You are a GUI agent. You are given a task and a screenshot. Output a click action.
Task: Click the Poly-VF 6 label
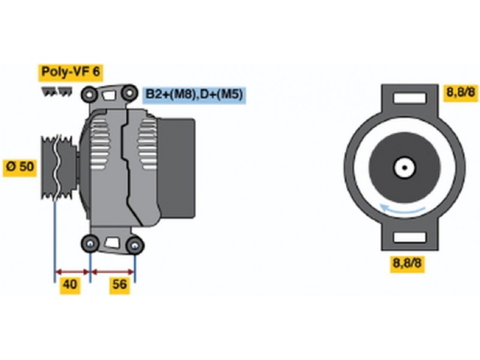tap(71, 72)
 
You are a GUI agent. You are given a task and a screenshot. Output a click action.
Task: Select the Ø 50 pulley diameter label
tap(20, 167)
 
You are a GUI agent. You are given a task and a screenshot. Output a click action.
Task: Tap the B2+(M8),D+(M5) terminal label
tap(194, 94)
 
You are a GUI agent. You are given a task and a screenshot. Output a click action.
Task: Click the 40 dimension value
tap(70, 285)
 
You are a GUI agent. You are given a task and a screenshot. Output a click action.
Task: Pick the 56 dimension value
tap(119, 285)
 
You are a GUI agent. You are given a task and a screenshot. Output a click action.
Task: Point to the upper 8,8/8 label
tap(462, 92)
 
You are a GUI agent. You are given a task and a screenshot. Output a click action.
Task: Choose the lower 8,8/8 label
tap(407, 263)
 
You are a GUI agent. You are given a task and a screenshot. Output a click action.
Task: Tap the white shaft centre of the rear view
tap(404, 168)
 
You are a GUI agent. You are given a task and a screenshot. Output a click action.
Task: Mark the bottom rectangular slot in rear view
tap(410, 237)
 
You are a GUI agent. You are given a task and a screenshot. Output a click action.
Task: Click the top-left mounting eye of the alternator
tap(89, 94)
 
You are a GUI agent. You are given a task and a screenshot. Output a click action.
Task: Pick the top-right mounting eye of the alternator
tap(129, 92)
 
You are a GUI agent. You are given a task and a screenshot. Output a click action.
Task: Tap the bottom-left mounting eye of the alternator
tap(89, 244)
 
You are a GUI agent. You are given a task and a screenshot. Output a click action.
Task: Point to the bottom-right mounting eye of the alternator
tap(134, 245)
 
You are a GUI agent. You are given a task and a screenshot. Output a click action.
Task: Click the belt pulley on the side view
tap(59, 168)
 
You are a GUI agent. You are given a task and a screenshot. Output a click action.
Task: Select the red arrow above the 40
tap(72, 272)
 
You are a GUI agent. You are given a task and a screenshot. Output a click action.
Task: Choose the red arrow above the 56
tap(113, 272)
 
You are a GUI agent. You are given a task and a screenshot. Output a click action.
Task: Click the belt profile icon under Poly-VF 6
tap(57, 91)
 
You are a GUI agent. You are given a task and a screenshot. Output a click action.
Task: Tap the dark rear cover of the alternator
tap(176, 169)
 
